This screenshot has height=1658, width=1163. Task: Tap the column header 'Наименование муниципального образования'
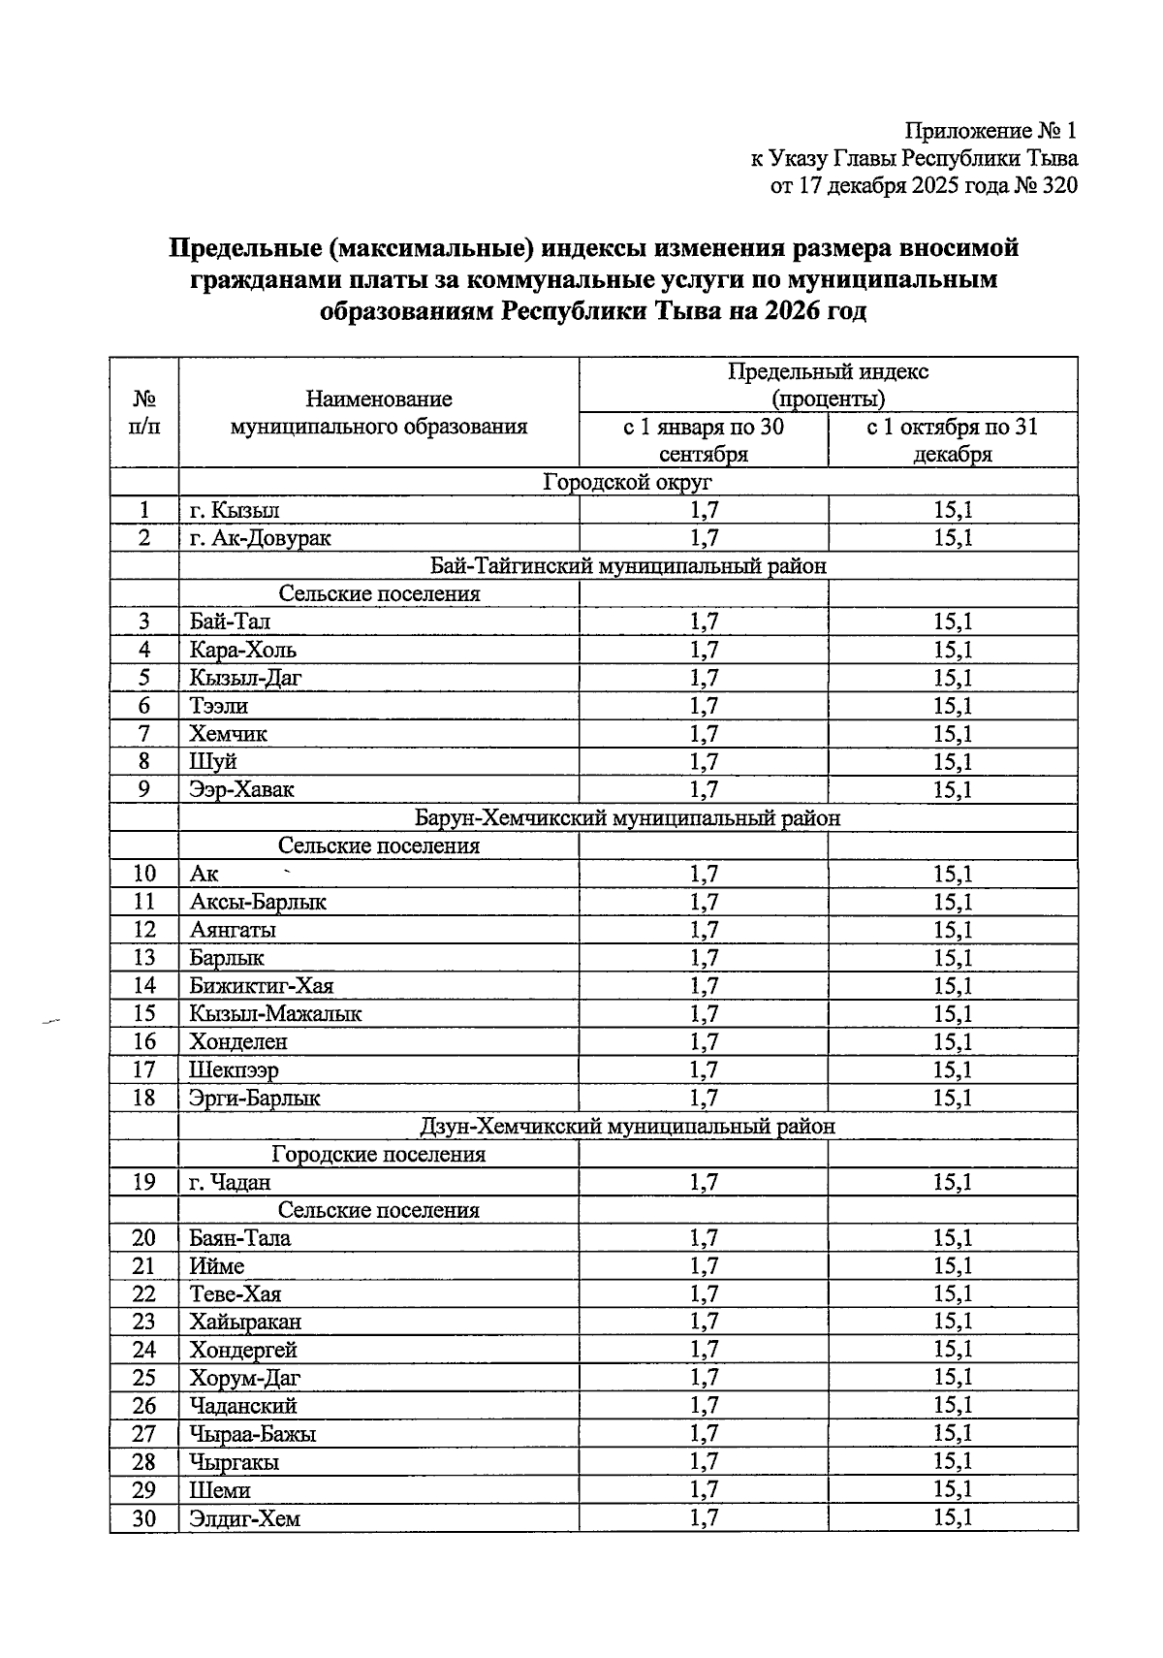379,412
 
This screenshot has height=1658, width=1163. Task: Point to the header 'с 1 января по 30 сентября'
704,440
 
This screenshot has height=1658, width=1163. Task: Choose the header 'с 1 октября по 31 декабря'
953,440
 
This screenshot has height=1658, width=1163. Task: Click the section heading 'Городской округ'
628,482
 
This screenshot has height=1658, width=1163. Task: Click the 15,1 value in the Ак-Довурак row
953,538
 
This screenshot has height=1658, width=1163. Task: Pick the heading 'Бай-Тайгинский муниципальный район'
628,566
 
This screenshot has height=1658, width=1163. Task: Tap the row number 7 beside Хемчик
144,734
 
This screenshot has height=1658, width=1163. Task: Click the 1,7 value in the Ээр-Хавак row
704,789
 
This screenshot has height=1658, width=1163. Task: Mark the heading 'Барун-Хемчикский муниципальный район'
628,818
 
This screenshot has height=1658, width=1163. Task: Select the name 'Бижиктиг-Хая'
262,986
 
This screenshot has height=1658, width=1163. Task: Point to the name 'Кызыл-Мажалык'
275,1014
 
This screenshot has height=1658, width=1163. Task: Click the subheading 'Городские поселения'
379,1155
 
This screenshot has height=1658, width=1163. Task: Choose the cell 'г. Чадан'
230,1182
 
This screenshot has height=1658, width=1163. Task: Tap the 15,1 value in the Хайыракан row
953,1322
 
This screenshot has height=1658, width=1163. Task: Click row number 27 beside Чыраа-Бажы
144,1434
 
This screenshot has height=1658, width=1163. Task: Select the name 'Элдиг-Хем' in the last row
245,1518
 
